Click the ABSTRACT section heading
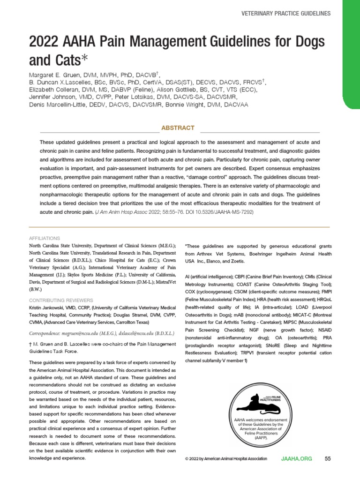(178, 127)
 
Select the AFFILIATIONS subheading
(45, 238)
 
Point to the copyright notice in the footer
(226, 458)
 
